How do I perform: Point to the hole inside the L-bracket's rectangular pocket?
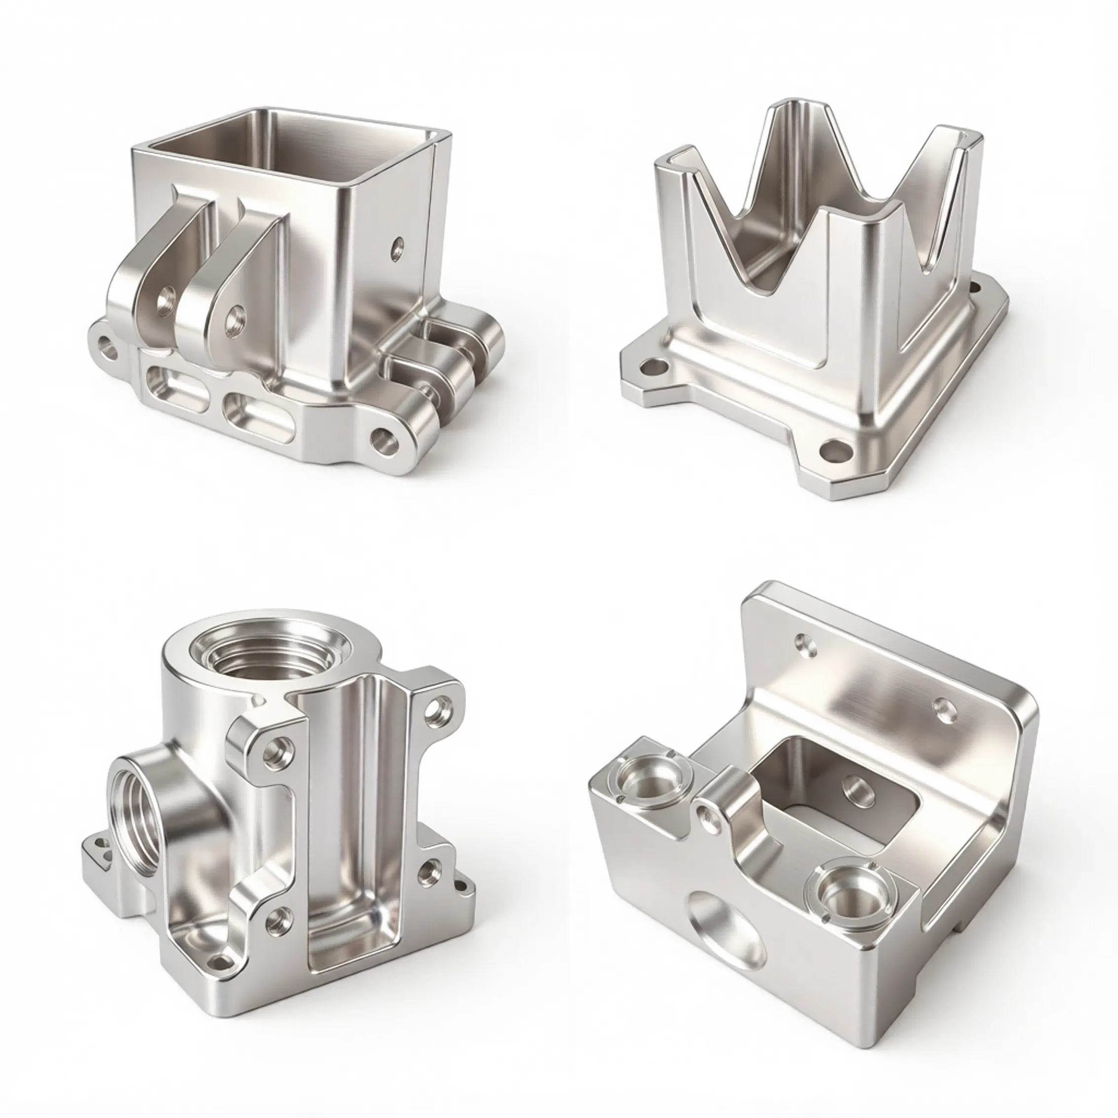coord(857,790)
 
